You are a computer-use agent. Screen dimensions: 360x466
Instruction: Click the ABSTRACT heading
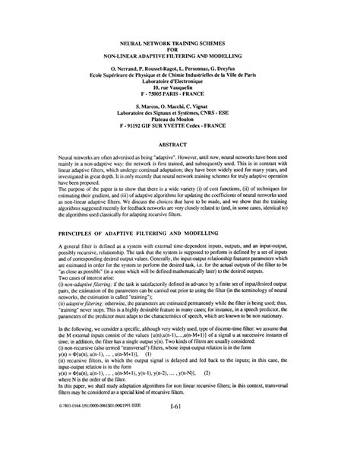click(x=179, y=143)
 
